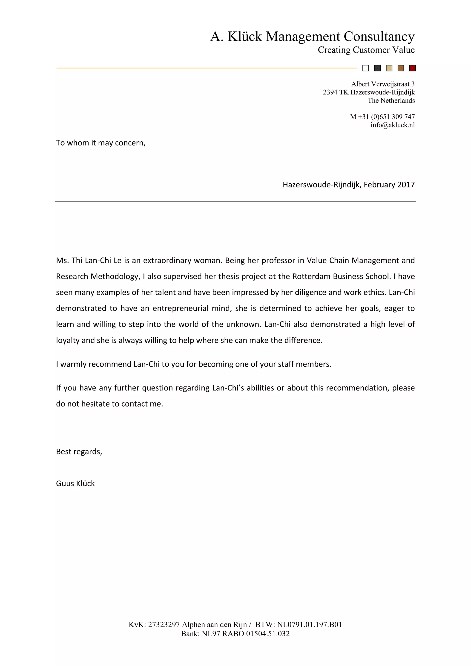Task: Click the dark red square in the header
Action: [412, 68]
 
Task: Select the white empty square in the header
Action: [366, 68]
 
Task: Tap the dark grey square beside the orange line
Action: [377, 68]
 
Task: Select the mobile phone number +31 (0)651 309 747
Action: [386, 117]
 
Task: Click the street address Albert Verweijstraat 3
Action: [383, 84]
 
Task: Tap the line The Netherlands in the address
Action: [391, 101]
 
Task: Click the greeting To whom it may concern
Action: [101, 143]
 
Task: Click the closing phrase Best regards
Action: [79, 452]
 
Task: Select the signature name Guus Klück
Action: [75, 484]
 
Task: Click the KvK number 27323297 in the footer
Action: [164, 625]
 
